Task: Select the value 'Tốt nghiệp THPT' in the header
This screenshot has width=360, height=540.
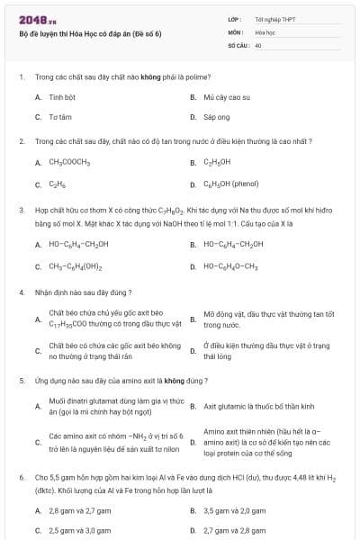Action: click(x=274, y=18)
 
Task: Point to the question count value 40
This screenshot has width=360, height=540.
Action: click(x=258, y=44)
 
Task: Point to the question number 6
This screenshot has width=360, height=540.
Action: click(x=21, y=475)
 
